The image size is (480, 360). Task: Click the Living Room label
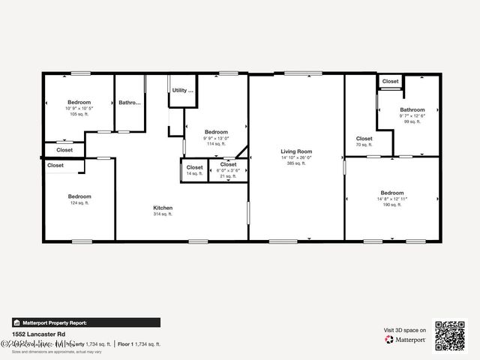tap(296, 151)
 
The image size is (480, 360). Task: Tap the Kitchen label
tap(163, 208)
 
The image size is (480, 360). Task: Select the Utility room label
tap(182, 91)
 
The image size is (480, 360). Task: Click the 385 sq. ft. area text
tap(296, 163)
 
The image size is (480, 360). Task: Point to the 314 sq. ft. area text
tap(163, 214)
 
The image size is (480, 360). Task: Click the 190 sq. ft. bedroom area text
tap(391, 205)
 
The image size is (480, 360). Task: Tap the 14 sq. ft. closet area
tap(193, 174)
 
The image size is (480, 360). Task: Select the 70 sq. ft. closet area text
tap(364, 145)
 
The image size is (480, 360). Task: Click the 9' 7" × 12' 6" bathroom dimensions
tap(412, 115)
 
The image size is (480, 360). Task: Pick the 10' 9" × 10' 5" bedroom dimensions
tap(79, 109)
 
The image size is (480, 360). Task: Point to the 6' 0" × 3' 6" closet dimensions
tap(228, 170)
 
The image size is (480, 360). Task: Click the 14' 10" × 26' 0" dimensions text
tap(296, 157)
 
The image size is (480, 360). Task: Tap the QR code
tap(450, 334)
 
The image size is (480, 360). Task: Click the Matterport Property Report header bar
tap(85, 322)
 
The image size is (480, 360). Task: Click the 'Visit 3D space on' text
tap(405, 330)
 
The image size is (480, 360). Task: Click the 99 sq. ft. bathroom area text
tap(412, 121)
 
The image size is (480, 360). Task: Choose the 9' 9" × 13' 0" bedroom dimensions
tap(216, 138)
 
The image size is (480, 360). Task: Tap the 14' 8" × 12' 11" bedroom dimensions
tap(391, 199)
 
